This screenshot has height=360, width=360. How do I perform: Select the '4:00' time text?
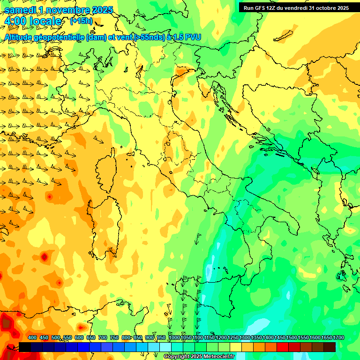point(15,21)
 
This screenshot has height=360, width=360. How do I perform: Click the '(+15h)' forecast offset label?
point(81,21)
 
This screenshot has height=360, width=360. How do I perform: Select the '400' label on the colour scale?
point(32,338)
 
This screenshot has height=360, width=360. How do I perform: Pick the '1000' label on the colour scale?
point(174,338)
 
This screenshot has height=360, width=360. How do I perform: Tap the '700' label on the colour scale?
point(103,338)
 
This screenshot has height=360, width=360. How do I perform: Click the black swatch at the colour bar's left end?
point(25,347)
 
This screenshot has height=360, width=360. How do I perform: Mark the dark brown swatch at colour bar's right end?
point(330,347)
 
